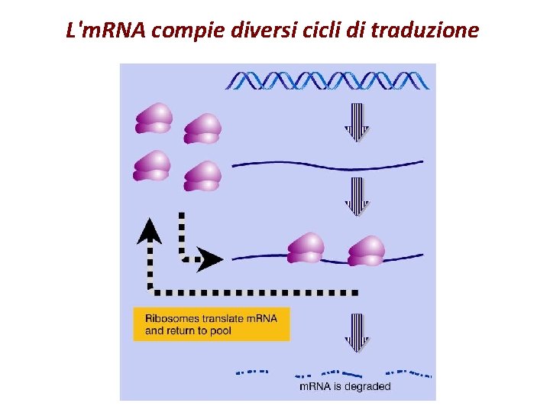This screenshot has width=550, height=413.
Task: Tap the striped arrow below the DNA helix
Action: pos(356,122)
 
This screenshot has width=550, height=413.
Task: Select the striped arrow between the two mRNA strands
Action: pos(356,197)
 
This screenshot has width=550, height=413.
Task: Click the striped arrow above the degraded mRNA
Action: pos(356,333)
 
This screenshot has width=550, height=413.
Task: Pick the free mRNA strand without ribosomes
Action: pos(327,163)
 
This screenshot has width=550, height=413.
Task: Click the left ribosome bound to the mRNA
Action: pos(306,248)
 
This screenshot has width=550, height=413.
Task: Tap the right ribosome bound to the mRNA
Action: pos(366,250)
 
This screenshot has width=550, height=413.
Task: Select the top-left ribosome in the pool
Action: pos(154,119)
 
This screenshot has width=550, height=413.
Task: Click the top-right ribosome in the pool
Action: pos(202,128)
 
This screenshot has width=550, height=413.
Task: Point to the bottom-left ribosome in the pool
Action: pos(152,166)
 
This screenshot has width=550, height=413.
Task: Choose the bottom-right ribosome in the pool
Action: pos(202,176)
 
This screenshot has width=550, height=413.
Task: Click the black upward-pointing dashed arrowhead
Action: pos(150,230)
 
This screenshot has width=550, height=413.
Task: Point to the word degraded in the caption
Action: pos(367,387)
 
